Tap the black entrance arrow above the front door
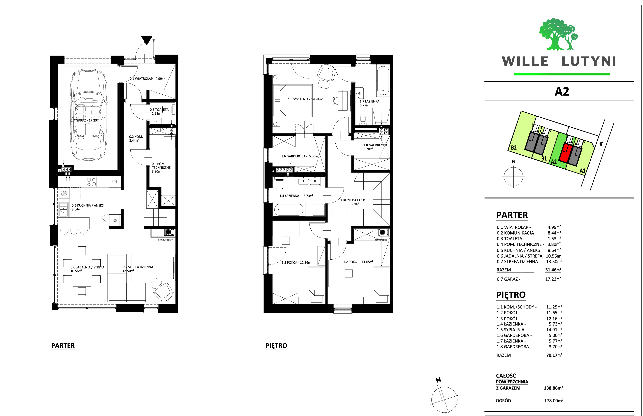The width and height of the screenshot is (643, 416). click(147, 40)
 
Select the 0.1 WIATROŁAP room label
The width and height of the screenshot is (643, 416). click(147, 79)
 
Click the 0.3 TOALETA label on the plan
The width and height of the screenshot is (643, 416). click(159, 111)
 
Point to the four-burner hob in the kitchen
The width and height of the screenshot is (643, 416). click(91, 182)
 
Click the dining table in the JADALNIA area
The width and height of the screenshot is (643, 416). click(82, 271)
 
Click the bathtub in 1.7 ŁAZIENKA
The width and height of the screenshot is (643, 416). click(383, 81)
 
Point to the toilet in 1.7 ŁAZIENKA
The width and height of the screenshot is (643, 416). click(363, 119)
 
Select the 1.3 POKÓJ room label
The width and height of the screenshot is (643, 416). click(296, 262)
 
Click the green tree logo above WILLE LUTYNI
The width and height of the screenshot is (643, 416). click(558, 34)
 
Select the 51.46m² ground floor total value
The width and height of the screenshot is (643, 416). click(553, 270)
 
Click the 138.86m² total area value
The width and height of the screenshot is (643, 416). click(553, 388)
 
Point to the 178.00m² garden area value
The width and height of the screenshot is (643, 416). click(553, 401)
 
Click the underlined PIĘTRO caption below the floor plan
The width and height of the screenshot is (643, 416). click(276, 346)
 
